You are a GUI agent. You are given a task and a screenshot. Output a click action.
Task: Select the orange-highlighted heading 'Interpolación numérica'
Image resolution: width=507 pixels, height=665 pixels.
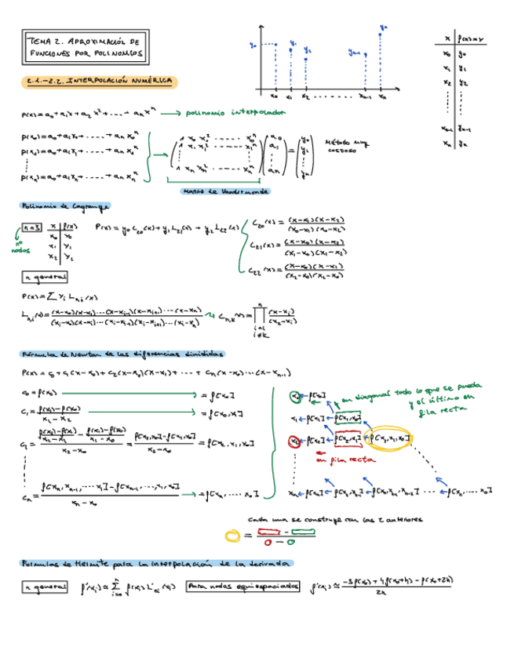(x=99, y=81)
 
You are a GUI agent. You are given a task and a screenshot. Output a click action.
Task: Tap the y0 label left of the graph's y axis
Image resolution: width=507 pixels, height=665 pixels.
(x=253, y=45)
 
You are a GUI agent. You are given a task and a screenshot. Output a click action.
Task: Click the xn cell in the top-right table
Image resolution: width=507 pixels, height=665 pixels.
(x=446, y=144)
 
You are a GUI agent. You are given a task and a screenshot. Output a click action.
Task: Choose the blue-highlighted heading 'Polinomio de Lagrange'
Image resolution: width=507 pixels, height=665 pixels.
(x=65, y=206)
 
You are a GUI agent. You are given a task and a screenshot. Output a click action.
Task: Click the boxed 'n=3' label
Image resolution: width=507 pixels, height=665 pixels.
(x=31, y=227)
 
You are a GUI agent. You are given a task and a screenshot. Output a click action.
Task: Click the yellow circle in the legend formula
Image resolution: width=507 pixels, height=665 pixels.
(x=232, y=536)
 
